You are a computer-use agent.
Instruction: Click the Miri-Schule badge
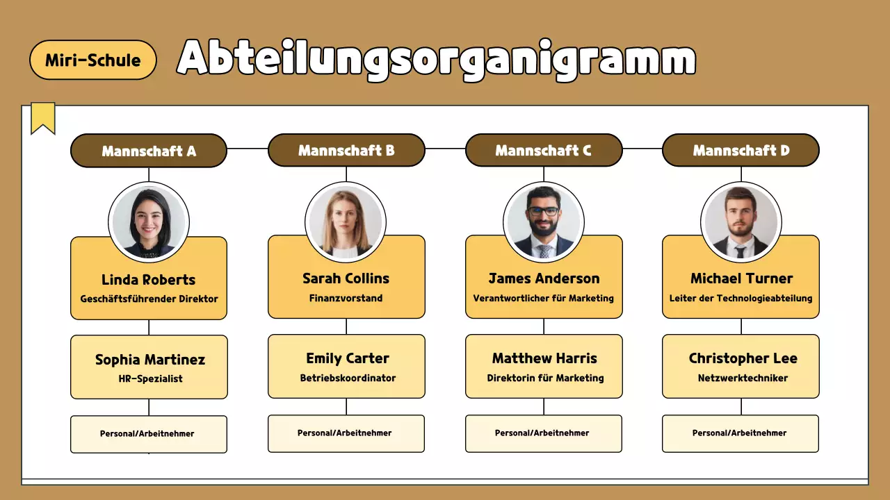coord(93,60)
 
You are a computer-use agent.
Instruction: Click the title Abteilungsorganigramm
coord(436,58)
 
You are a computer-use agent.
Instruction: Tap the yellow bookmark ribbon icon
coord(43,117)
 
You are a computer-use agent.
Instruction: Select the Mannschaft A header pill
coord(149,151)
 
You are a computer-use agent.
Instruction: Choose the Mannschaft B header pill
coord(346,150)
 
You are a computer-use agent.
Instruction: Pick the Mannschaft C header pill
coord(543,150)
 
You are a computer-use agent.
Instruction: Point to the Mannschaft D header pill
coord(741,150)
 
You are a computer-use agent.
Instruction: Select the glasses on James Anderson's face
coord(543,210)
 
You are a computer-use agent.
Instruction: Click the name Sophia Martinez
coord(150,360)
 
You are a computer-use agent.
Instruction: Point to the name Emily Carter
coord(348,358)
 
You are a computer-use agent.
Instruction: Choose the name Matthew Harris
coord(544,358)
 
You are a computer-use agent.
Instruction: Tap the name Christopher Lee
coord(743,358)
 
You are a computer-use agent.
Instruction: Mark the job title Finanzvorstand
coord(346,298)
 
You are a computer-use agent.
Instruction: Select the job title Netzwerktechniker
coord(743,378)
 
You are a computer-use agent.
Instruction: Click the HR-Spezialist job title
coord(150,379)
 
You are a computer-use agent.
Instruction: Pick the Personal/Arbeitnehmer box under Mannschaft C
coord(543,433)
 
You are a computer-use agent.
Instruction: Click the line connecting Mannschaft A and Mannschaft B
coord(248,149)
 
